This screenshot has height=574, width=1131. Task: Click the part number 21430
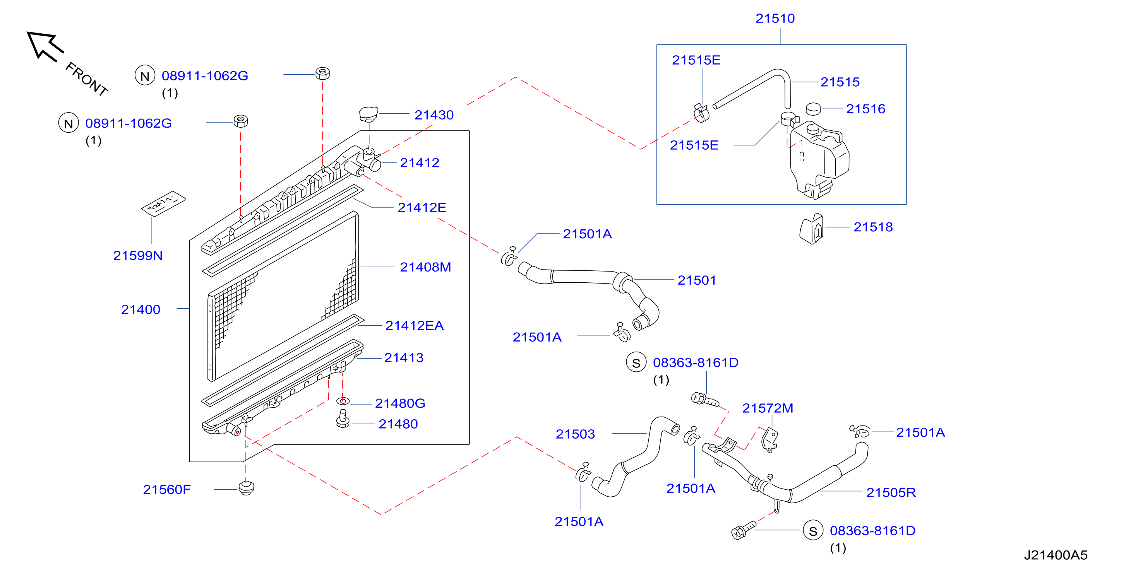tap(434, 115)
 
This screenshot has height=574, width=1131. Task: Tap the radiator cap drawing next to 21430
tap(368, 114)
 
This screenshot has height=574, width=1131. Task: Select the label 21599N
tap(138, 255)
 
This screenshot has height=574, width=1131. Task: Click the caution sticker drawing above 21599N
tap(163, 203)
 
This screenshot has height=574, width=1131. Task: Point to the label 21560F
tap(167, 489)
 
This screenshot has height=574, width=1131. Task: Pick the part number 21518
tap(873, 227)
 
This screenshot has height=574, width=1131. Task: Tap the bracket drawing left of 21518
tap(811, 229)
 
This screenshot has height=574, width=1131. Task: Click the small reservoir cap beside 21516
tap(813, 108)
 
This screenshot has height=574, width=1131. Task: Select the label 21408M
tap(425, 267)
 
